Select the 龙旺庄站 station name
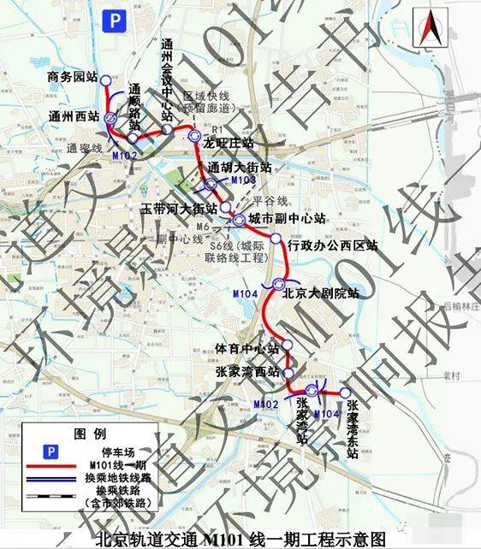click(229, 142)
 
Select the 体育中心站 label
click(248, 349)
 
